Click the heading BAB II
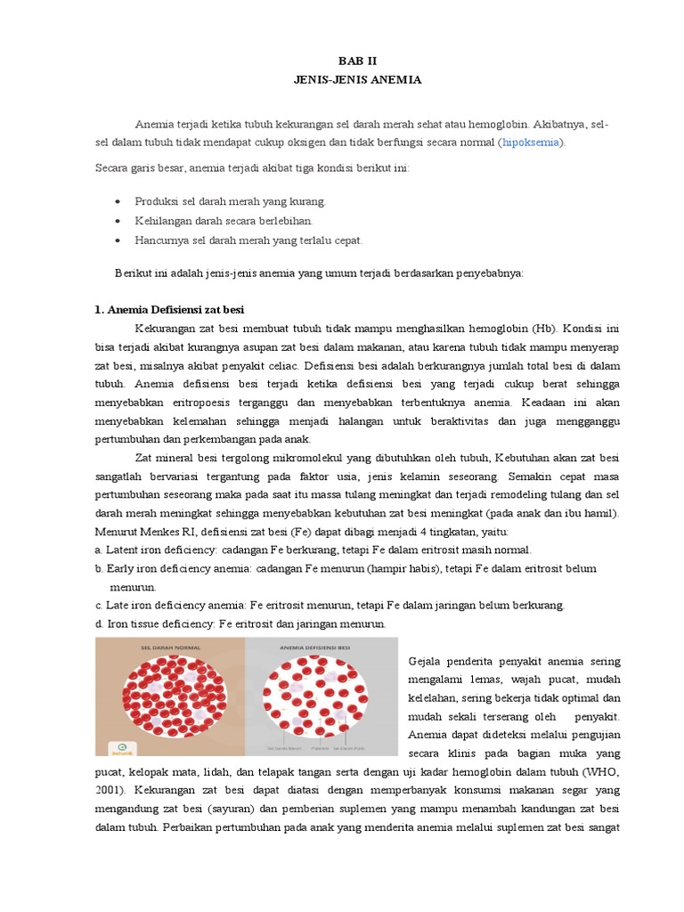click(357, 61)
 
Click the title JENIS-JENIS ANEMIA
click(357, 80)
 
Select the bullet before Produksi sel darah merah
click(118, 201)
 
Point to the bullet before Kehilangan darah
click(118, 221)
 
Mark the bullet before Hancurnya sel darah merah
click(118, 240)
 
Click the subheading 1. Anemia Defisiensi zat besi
click(169, 310)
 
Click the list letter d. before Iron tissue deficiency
click(99, 624)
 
